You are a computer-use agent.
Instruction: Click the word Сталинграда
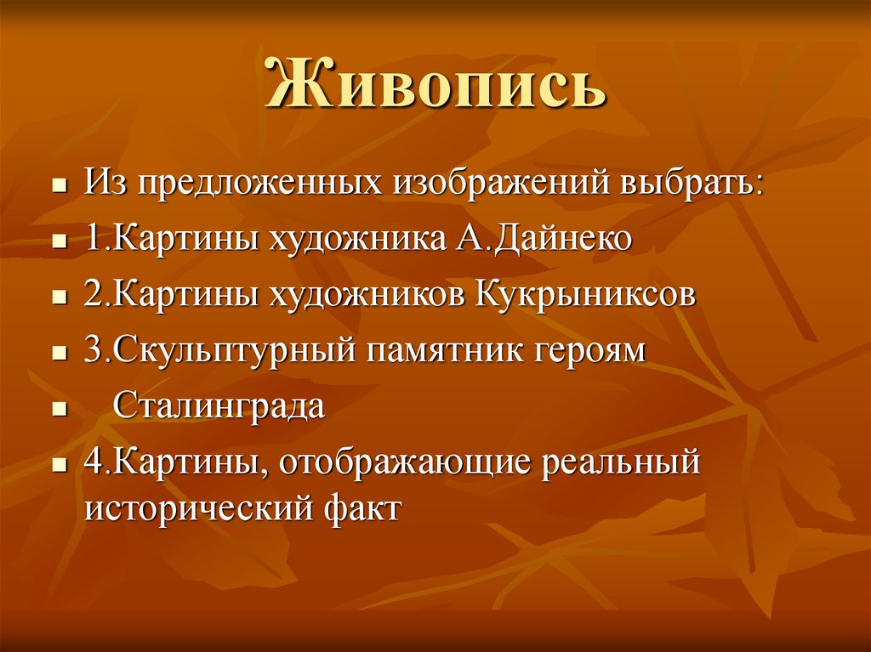[x=219, y=406]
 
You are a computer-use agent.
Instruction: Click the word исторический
[x=201, y=510]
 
